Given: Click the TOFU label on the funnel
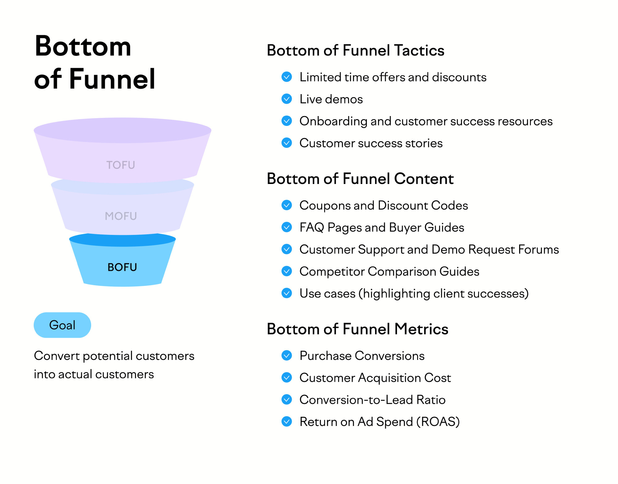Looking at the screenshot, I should pyautogui.click(x=121, y=165).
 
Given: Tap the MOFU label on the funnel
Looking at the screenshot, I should pyautogui.click(x=121, y=216).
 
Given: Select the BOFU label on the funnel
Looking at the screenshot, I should pyautogui.click(x=122, y=267).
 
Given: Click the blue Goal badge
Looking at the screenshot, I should pyautogui.click(x=62, y=325).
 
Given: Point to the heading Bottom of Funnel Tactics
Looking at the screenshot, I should pyautogui.click(x=355, y=50).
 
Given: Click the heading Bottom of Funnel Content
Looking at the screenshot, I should pyautogui.click(x=360, y=179).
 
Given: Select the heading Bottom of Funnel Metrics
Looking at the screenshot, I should pyautogui.click(x=358, y=329).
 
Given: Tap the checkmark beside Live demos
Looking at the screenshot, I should pyautogui.click(x=287, y=99).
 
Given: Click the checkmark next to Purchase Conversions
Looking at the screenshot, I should pyautogui.click(x=287, y=356).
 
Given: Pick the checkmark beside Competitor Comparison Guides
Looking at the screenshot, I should pyautogui.click(x=287, y=271).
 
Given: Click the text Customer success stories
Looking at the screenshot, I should pyautogui.click(x=371, y=143).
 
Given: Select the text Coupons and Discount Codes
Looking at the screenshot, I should pyautogui.click(x=383, y=206).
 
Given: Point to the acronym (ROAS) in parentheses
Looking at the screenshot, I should pyautogui.click(x=438, y=422).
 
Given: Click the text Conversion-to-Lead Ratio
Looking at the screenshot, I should pyautogui.click(x=372, y=400).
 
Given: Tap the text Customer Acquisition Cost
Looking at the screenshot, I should pyautogui.click(x=375, y=378).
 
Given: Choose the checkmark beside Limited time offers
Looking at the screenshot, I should pyautogui.click(x=287, y=77).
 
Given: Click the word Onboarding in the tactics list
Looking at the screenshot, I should pyautogui.click(x=333, y=121).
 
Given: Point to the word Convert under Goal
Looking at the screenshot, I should pyautogui.click(x=57, y=356).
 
